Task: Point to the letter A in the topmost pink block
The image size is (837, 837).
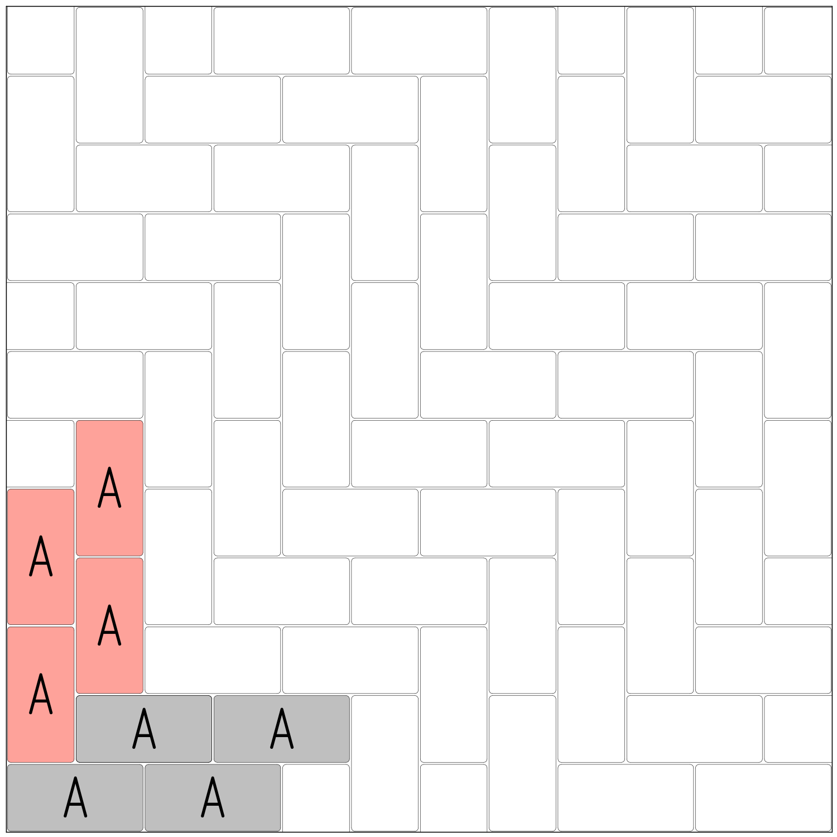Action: click(x=109, y=488)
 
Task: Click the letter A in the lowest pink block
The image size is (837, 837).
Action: click(x=41, y=694)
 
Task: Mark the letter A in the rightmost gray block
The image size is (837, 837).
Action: click(x=282, y=729)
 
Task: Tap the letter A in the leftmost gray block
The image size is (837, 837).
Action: click(x=75, y=797)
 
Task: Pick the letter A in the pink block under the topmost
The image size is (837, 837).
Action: click(x=109, y=626)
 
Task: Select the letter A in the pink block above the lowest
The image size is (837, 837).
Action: click(x=41, y=556)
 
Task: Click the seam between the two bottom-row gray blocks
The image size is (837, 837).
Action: click(x=144, y=797)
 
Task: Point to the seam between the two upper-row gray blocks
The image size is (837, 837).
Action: click(x=213, y=729)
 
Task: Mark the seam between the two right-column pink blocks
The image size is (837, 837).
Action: click(x=109, y=557)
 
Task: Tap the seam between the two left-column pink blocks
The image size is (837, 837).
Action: click(x=41, y=626)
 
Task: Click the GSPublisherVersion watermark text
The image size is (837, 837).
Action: click(x=43, y=835)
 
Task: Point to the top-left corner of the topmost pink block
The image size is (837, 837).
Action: click(x=78, y=422)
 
